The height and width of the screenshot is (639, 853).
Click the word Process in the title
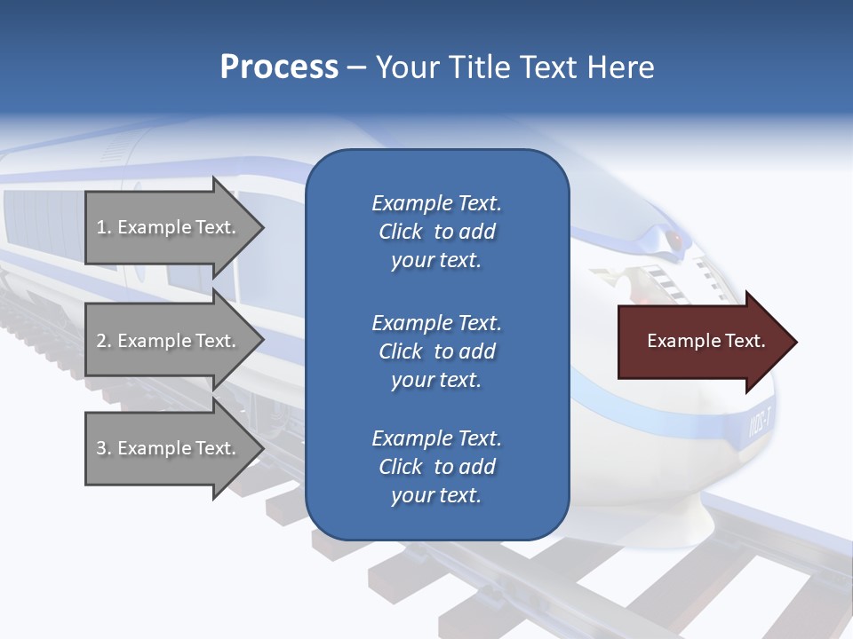(x=279, y=67)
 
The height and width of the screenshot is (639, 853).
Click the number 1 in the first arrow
(x=101, y=228)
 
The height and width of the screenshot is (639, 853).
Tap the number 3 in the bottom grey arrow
(x=101, y=449)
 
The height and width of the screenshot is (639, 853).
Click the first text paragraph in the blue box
(x=436, y=232)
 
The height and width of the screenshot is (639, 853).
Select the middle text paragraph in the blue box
(x=436, y=351)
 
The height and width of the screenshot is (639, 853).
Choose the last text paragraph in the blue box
(x=436, y=467)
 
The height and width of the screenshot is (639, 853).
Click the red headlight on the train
(x=675, y=240)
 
